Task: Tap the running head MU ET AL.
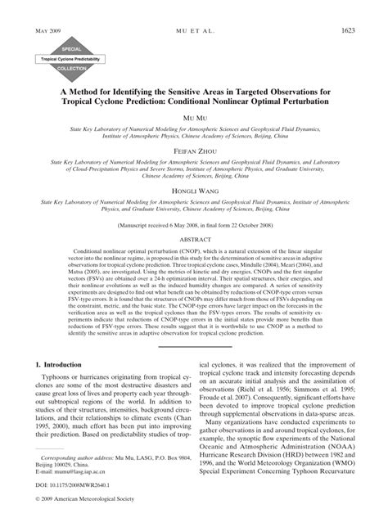pos(193,30)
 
